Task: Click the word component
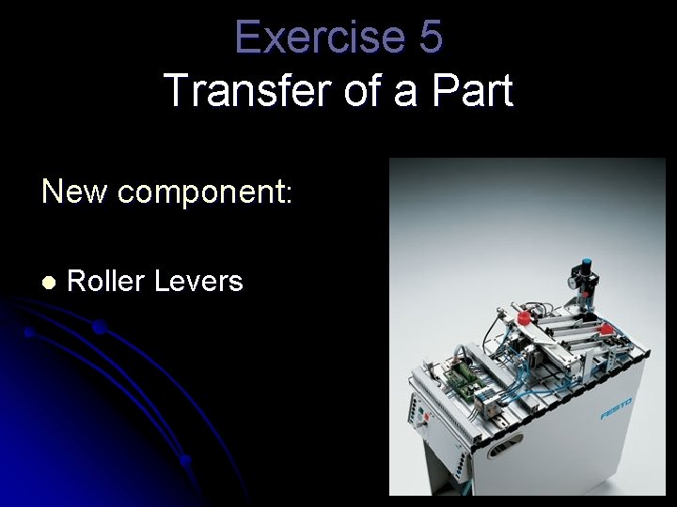(x=200, y=193)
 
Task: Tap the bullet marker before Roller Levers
(x=48, y=282)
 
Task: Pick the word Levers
(x=201, y=280)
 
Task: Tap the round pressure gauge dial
(x=574, y=280)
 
